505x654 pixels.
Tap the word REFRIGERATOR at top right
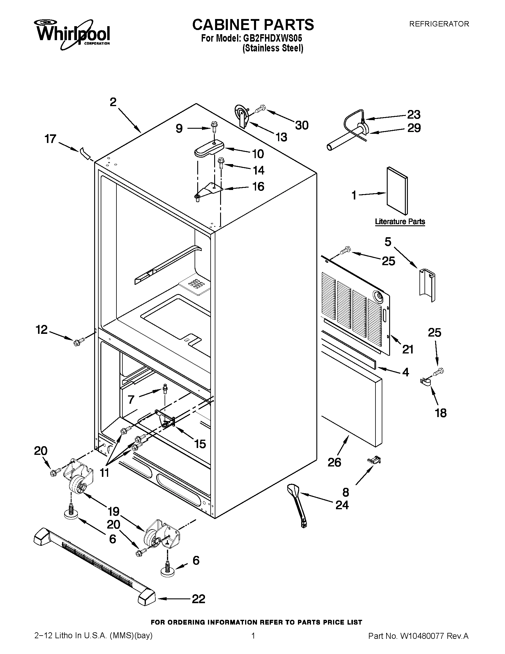tap(439, 24)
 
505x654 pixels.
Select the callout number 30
tap(302, 125)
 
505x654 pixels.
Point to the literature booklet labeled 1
tap(397, 191)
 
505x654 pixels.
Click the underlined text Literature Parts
tap(400, 221)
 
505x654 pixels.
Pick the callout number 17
tap(50, 139)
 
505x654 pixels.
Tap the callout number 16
tap(258, 187)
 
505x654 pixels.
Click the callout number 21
tap(408, 349)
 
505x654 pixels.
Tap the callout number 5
tap(388, 242)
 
